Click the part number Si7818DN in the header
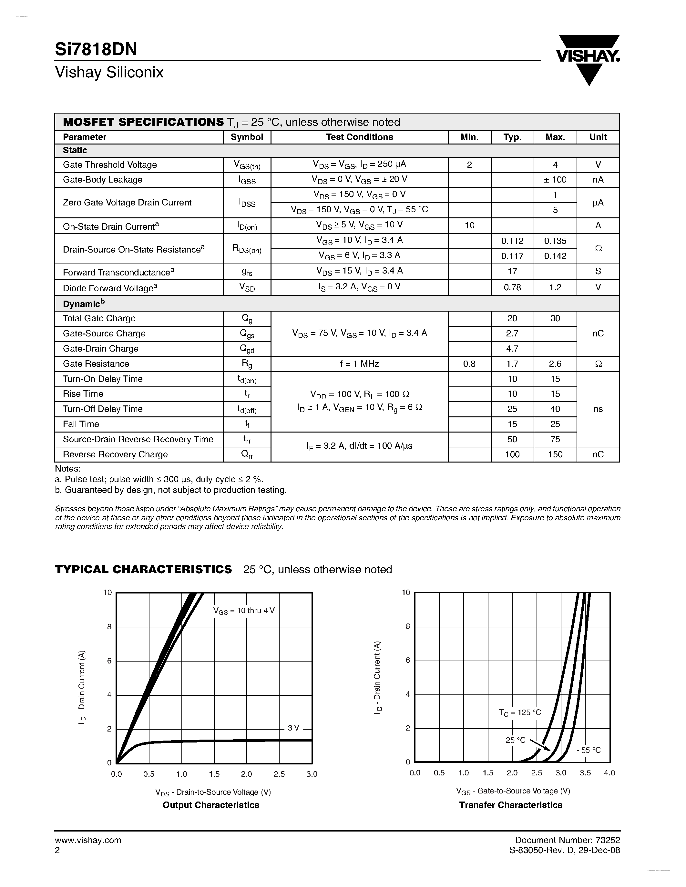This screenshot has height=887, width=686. click(x=96, y=49)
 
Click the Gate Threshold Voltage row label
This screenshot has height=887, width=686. click(x=110, y=165)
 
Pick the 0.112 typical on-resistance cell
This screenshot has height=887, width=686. click(x=512, y=241)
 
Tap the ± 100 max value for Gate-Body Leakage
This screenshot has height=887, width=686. click(x=555, y=180)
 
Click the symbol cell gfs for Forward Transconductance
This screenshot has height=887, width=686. click(x=247, y=272)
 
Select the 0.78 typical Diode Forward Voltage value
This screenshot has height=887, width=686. click(x=512, y=287)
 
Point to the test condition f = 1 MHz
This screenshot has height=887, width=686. click(x=359, y=364)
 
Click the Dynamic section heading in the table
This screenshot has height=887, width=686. click(x=83, y=304)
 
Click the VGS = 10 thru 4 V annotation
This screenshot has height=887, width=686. click(x=244, y=611)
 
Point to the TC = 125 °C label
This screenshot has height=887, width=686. click(x=520, y=713)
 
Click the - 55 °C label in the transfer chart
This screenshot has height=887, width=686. click(x=588, y=750)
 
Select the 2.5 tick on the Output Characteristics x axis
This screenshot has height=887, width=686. click(x=279, y=774)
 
